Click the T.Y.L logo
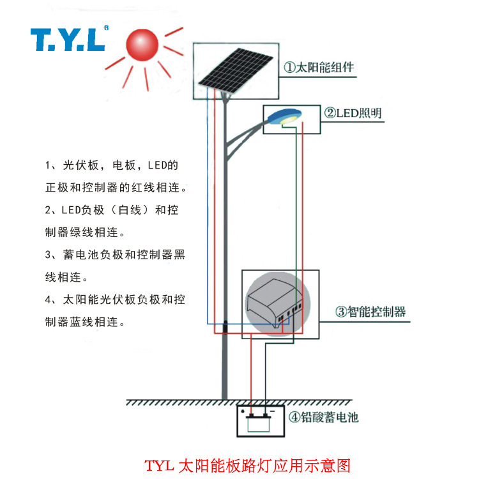[66, 40]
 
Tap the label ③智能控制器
[371, 312]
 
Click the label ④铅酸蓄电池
[324, 418]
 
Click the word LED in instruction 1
[157, 165]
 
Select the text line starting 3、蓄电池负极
[115, 255]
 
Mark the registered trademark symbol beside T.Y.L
[106, 28]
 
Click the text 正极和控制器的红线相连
[116, 188]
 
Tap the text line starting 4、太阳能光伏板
[115, 300]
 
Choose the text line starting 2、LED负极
[112, 209]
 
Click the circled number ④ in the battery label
[294, 418]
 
